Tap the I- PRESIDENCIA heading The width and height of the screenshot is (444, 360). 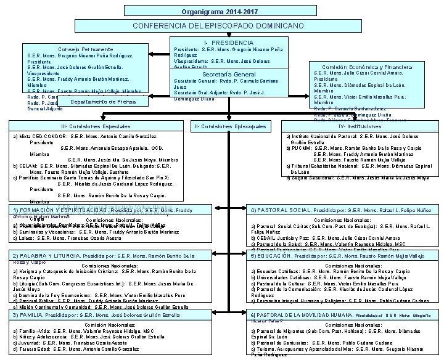click(x=229, y=42)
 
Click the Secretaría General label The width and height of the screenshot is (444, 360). click(x=230, y=74)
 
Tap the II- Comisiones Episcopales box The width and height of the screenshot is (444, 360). click(x=230, y=126)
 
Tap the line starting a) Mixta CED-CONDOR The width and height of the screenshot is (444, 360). click(x=86, y=136)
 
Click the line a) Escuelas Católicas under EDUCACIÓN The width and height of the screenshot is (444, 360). click(x=339, y=271)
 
